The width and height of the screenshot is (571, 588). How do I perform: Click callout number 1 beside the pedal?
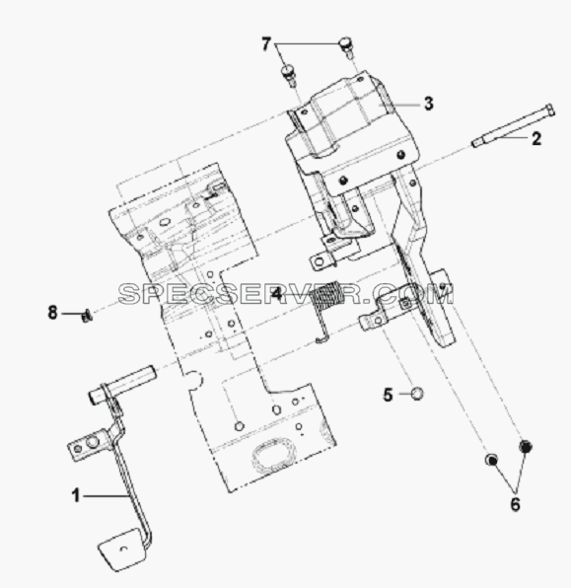coord(76,495)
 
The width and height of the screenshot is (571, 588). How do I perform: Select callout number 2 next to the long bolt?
coord(536,139)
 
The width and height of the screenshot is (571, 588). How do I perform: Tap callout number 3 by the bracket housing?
coord(429,104)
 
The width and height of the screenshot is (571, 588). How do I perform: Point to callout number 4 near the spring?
coord(276,293)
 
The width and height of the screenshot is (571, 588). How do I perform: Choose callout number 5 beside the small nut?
coord(388,395)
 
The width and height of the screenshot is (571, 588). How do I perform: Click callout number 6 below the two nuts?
coord(516,504)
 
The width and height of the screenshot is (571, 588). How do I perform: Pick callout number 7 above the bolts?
coord(266,44)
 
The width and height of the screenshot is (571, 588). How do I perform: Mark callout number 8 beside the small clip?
coord(52,313)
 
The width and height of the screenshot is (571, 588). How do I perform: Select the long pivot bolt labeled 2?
coord(513,125)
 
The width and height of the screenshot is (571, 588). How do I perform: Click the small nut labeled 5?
coord(417,394)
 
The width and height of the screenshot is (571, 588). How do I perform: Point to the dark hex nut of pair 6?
coord(526,446)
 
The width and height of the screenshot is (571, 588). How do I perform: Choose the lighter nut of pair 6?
coord(491,460)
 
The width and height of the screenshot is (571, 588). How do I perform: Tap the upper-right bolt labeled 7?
coord(346,45)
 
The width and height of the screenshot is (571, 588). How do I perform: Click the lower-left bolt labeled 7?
coord(289,75)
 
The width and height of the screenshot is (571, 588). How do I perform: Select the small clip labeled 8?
coord(87,317)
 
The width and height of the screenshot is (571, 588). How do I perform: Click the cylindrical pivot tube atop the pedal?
coord(122,385)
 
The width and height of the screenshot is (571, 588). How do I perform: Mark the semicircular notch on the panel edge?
coord(195,380)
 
